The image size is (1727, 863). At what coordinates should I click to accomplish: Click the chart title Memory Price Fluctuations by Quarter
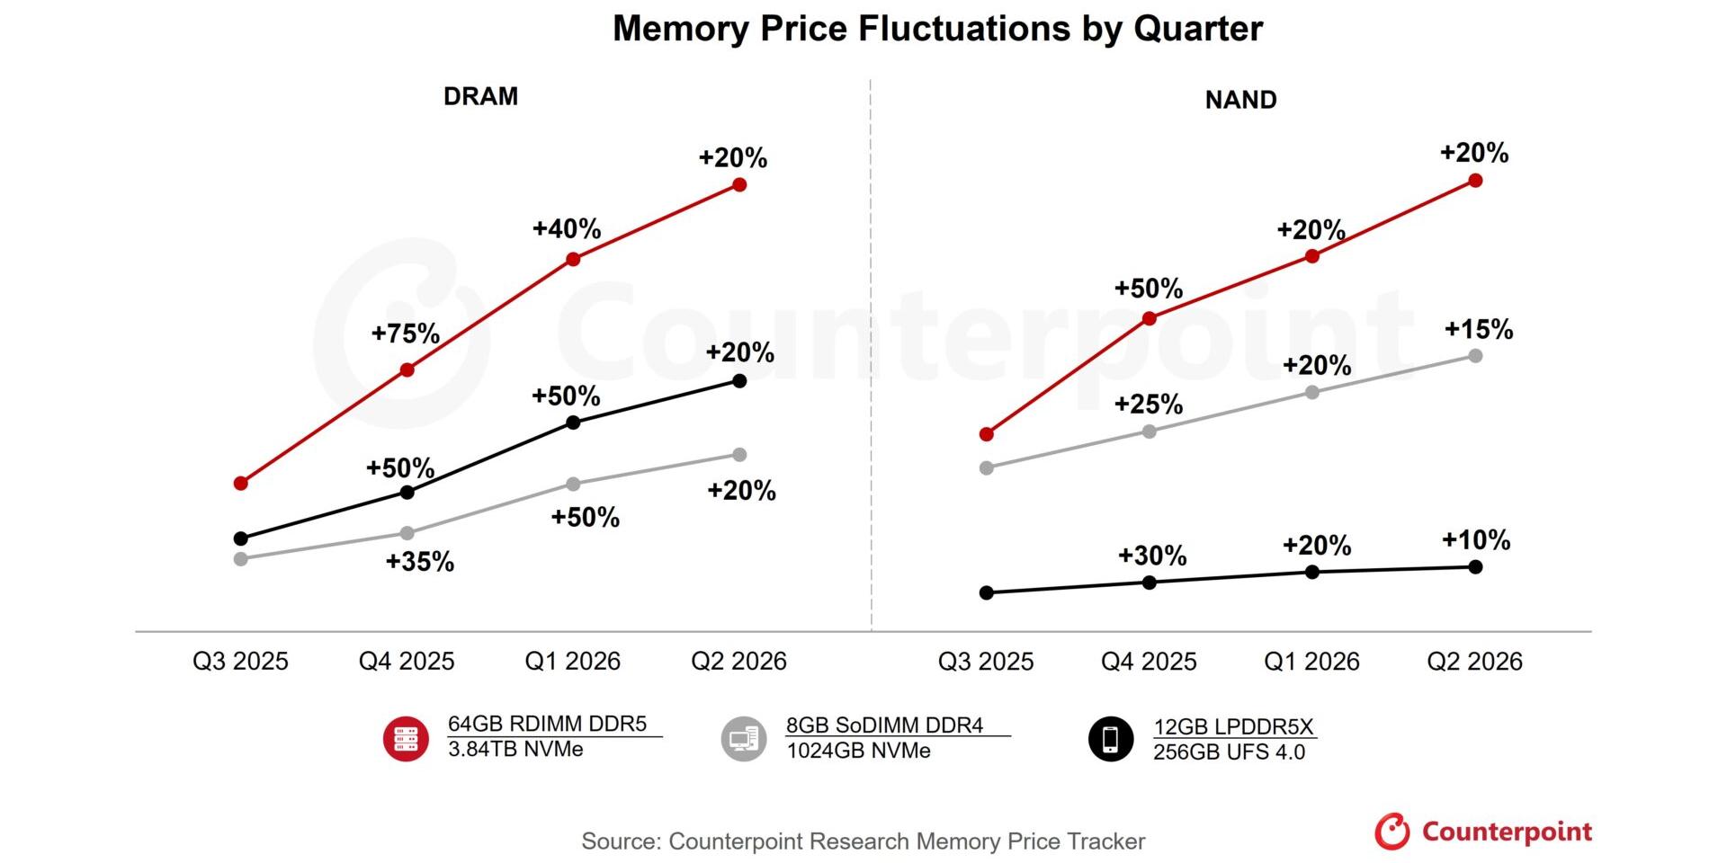click(937, 29)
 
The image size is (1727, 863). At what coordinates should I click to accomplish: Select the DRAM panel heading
click(480, 96)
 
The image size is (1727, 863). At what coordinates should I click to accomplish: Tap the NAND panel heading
click(1240, 100)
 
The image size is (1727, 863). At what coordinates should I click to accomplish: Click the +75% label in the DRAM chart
click(406, 334)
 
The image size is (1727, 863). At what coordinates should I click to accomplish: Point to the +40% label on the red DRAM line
click(567, 228)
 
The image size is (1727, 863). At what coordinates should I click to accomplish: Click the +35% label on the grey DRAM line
click(420, 562)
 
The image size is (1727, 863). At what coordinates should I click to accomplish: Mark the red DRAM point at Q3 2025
click(240, 484)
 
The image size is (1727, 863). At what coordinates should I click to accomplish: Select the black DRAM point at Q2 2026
click(739, 381)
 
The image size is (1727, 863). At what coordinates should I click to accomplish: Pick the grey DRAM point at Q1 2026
click(573, 485)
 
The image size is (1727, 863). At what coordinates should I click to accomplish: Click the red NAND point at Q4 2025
click(1149, 318)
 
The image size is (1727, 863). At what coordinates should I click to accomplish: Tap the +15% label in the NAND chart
click(1479, 329)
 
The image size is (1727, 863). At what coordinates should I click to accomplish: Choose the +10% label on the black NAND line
click(1476, 539)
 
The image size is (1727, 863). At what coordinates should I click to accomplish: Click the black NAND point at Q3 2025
click(986, 592)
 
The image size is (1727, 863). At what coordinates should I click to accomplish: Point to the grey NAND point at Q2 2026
click(1475, 356)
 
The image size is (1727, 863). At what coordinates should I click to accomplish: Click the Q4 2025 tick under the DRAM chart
click(407, 662)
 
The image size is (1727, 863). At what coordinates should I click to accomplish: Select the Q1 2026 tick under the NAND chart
click(1311, 662)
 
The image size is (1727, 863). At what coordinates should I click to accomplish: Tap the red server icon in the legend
click(406, 739)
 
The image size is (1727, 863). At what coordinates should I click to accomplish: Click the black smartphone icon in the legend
click(1111, 739)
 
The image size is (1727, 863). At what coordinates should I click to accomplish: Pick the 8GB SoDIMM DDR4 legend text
click(885, 725)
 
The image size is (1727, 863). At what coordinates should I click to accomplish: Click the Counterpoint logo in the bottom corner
click(1483, 832)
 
